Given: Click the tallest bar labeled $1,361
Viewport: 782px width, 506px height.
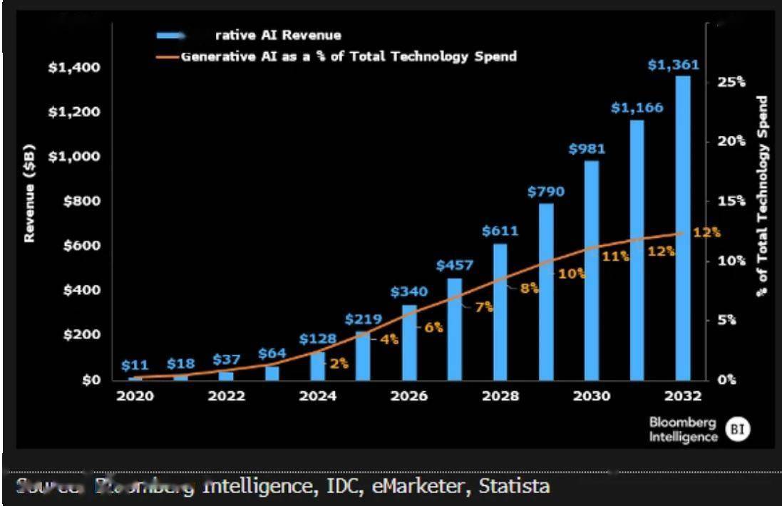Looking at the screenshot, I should tap(683, 228).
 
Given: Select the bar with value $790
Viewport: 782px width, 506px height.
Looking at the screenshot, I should tap(546, 292).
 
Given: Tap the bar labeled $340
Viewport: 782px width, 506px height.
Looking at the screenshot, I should tap(409, 342).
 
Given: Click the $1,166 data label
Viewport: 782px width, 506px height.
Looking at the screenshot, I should tap(637, 108).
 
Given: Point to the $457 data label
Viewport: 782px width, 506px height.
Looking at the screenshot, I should tap(454, 266).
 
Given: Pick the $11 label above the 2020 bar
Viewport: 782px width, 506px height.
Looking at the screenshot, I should tap(135, 366).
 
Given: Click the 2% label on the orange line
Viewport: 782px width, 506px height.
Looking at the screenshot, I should tap(339, 363).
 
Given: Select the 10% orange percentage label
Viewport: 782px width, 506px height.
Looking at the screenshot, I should tap(571, 273).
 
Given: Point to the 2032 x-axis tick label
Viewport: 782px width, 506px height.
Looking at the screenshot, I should tap(683, 396).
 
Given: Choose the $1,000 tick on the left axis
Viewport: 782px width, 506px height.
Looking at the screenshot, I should tap(73, 157).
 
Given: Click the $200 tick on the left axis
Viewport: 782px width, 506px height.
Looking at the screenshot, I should tap(79, 335).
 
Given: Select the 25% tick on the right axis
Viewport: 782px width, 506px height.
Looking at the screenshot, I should tap(731, 82).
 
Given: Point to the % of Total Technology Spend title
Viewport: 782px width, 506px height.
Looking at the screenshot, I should tap(763, 195).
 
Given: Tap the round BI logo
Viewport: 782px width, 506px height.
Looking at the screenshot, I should tap(738, 428).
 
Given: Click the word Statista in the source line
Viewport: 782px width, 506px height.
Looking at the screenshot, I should tap(515, 487).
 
